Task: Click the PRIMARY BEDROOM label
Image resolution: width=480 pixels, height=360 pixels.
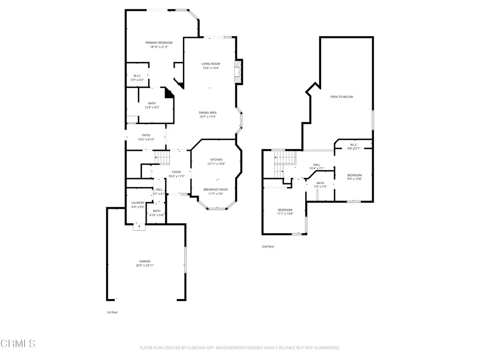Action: pyautogui.click(x=158, y=43)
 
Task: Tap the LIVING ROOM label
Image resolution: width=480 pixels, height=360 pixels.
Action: pyautogui.click(x=210, y=64)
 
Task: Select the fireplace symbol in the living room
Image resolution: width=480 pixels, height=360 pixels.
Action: pyautogui.click(x=240, y=71)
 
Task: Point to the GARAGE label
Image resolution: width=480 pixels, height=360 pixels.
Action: pyautogui.click(x=145, y=261)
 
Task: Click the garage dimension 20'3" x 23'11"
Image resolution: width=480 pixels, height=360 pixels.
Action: pyautogui.click(x=145, y=265)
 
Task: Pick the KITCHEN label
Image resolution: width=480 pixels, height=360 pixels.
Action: pyautogui.click(x=216, y=159)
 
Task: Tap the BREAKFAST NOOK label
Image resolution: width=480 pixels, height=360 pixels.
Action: pyautogui.click(x=216, y=189)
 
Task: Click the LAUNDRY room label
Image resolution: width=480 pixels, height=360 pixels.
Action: pyautogui.click(x=138, y=202)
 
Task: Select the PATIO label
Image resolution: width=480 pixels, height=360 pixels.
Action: pyautogui.click(x=146, y=135)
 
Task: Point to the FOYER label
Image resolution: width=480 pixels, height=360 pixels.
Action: pyautogui.click(x=176, y=172)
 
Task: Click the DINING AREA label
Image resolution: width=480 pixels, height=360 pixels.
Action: pyautogui.click(x=208, y=112)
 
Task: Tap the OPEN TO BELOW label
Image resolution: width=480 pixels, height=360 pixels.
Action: pyautogui.click(x=341, y=97)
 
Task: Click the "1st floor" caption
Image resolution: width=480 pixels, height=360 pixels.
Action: pyautogui.click(x=112, y=312)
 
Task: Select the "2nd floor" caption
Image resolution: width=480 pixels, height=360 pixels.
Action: pyautogui.click(x=268, y=246)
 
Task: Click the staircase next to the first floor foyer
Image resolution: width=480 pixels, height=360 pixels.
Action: pyautogui.click(x=161, y=157)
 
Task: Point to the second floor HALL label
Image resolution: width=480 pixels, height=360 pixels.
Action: pyautogui.click(x=316, y=165)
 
